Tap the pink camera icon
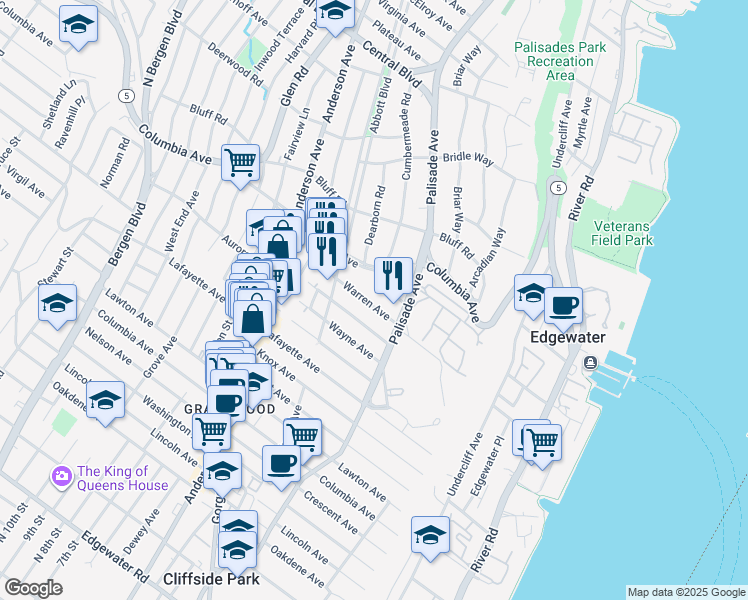tap(61, 477)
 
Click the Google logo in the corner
tap(32, 588)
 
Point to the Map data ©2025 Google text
tap(685, 592)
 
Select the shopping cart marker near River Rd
tap(541, 441)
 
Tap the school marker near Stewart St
tap(58, 302)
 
